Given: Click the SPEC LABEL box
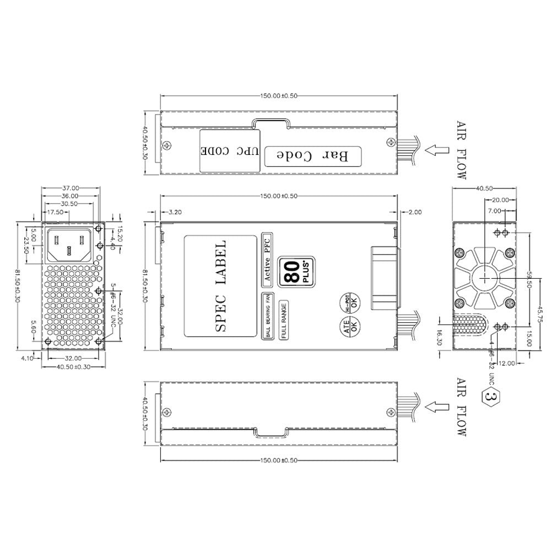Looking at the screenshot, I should coord(220,286).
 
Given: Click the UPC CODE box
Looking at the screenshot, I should coord(229,150).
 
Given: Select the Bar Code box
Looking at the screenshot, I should coord(312,156).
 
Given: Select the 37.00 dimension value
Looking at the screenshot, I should coord(71,188).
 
